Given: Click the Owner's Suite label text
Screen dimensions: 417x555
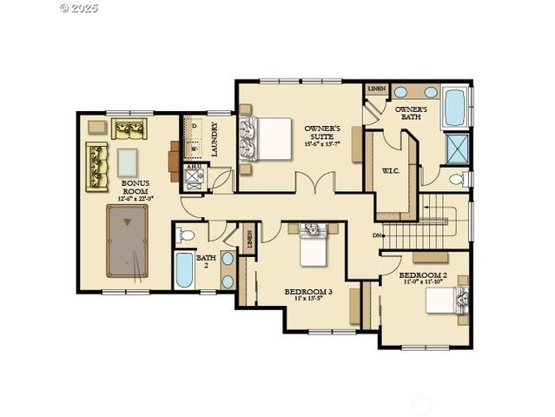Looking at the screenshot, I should (320, 137).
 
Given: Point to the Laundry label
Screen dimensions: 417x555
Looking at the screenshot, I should (214, 139).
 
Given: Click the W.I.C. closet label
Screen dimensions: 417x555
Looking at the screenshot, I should (390, 170).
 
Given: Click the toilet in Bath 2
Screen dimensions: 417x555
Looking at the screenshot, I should (185, 235).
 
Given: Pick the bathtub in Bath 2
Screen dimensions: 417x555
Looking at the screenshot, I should (183, 271).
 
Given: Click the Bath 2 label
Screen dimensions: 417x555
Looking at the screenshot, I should (207, 262).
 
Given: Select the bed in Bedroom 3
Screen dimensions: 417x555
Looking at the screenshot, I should (312, 246).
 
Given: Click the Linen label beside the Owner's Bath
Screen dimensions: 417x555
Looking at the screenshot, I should (376, 89).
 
